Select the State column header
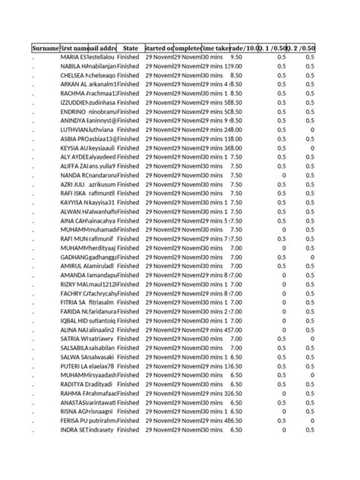click(130, 48)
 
